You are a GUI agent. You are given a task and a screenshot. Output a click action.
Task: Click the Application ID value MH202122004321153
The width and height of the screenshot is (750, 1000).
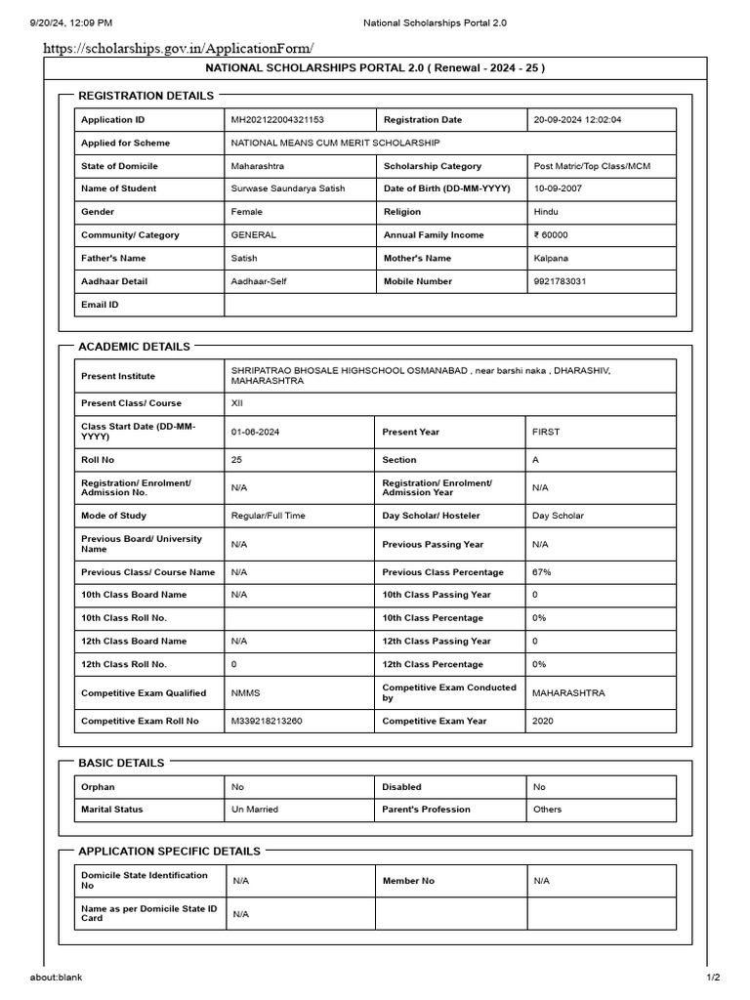click(277, 120)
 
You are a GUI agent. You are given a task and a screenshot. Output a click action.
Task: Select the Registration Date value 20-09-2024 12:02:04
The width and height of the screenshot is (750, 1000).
click(577, 120)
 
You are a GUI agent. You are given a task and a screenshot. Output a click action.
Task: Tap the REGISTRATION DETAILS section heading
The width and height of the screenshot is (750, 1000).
click(146, 96)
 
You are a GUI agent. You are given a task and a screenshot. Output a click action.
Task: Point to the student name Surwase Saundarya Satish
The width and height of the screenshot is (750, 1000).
click(288, 188)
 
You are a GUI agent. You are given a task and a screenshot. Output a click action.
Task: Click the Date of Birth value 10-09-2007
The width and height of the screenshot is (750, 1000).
click(558, 188)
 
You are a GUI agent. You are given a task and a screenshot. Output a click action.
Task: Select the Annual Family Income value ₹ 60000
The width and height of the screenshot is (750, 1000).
click(551, 235)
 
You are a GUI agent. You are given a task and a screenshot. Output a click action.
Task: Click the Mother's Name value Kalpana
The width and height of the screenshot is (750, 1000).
click(551, 259)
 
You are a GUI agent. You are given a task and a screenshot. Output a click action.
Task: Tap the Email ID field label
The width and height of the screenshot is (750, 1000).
click(100, 305)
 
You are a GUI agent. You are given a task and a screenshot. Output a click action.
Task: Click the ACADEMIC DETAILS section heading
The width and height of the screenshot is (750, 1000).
click(134, 347)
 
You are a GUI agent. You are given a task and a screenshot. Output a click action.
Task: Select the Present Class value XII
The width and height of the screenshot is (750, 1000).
click(238, 403)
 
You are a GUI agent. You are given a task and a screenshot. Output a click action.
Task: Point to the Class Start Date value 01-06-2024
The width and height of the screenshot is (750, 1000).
click(255, 432)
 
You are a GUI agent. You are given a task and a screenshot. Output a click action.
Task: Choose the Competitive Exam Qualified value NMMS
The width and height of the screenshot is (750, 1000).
click(245, 693)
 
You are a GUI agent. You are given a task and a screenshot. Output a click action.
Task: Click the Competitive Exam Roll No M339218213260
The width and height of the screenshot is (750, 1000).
click(267, 721)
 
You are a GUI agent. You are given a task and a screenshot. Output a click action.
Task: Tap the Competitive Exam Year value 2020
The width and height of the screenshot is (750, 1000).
click(542, 721)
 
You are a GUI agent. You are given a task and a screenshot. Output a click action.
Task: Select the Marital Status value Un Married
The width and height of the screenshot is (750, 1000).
click(254, 810)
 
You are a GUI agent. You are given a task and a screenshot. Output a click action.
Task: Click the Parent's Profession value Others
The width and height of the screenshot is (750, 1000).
click(548, 810)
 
